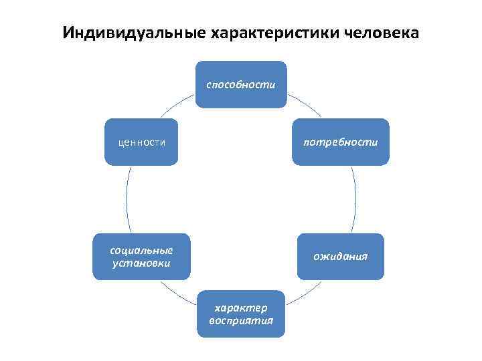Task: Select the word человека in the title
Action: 382,33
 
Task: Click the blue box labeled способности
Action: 240,84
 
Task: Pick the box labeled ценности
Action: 141,142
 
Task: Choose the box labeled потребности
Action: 340,142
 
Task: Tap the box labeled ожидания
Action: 341,256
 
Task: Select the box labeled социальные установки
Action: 141,256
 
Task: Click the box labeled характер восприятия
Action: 240,314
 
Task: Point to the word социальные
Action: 141,250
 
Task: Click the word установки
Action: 141,263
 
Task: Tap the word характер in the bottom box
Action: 240,308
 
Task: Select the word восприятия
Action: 240,320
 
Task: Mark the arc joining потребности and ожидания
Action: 355,199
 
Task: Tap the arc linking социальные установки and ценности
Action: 127,199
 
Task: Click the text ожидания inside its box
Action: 341,257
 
